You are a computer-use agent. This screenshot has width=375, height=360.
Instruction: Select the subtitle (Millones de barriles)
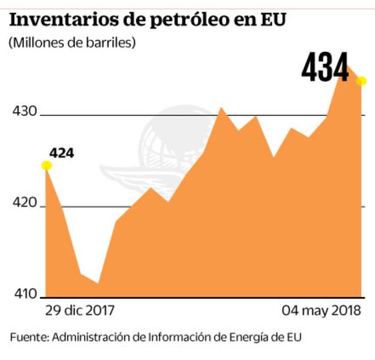point(72,43)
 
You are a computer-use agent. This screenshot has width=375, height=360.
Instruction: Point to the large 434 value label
point(325,69)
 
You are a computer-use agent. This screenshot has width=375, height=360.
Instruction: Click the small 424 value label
point(62,154)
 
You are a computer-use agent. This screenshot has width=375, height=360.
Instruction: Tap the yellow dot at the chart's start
point(46,165)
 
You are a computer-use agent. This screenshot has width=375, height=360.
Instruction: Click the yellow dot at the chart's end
point(361,81)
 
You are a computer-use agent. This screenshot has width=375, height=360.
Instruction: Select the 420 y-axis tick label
point(24,204)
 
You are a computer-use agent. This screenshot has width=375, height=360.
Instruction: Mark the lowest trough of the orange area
point(98,283)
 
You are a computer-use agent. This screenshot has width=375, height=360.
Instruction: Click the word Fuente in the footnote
point(29,337)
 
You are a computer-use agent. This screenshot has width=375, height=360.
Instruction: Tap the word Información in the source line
point(177,337)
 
